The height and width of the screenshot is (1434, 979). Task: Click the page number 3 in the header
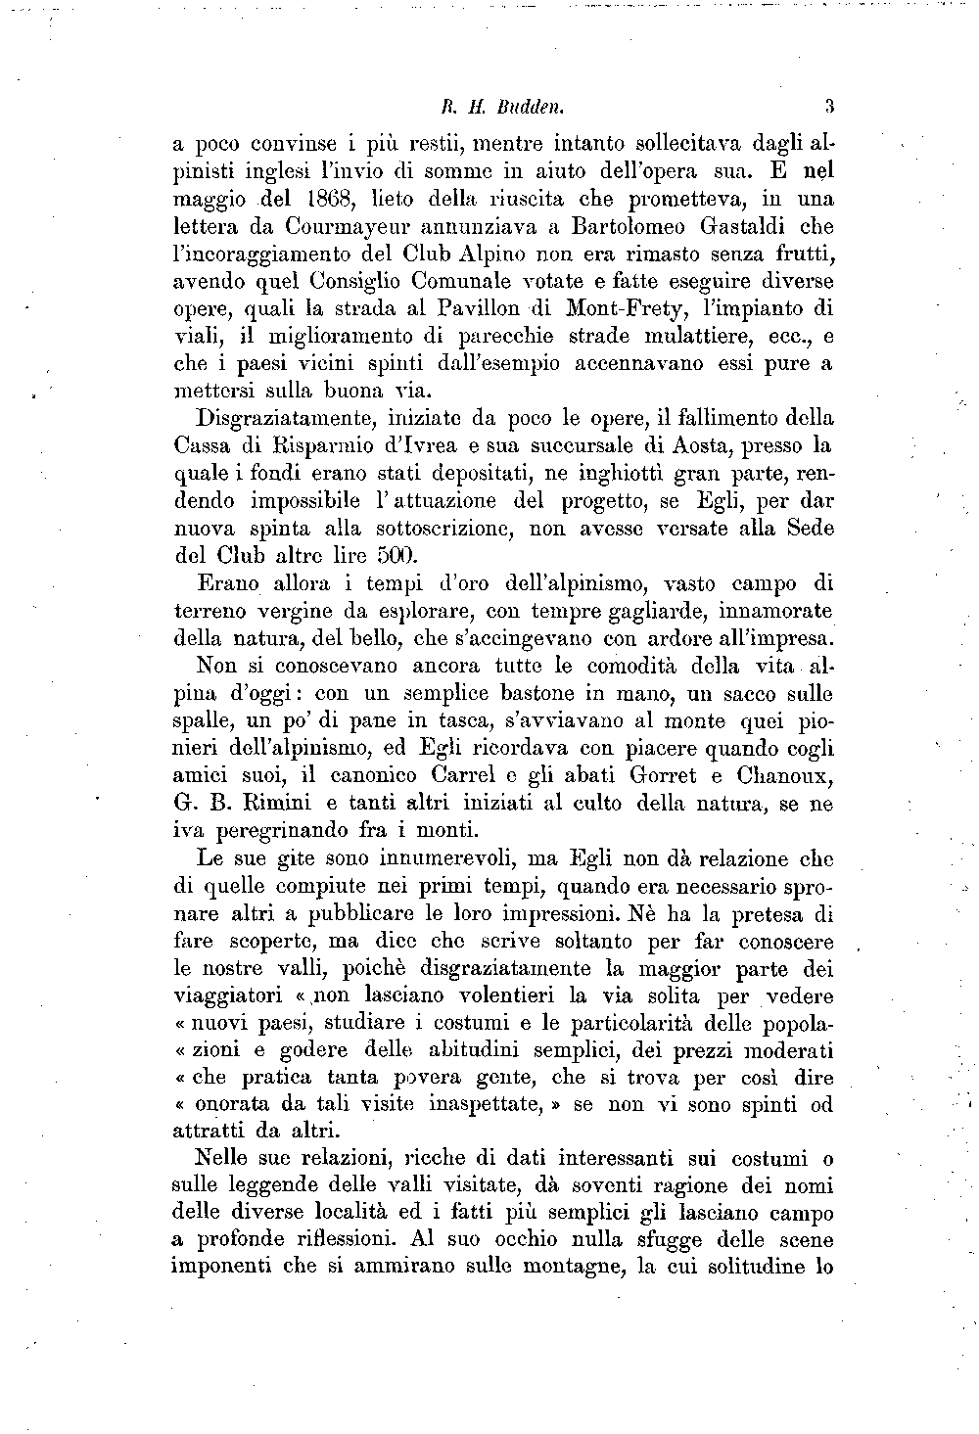[828, 106]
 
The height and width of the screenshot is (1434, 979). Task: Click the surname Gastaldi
[764, 229]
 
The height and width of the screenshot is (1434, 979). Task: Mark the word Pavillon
[482, 309]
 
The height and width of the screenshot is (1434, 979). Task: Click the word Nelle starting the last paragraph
[229, 1159]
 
